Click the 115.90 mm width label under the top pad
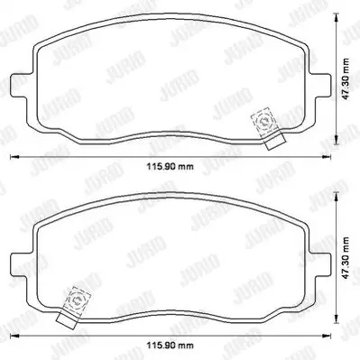171,166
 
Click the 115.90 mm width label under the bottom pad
171,345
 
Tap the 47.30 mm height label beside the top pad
346,79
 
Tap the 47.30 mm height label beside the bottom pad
346,258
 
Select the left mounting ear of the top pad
21,85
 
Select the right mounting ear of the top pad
320,85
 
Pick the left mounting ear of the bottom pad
21,263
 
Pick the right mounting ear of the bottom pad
320,263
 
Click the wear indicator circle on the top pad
264,122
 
